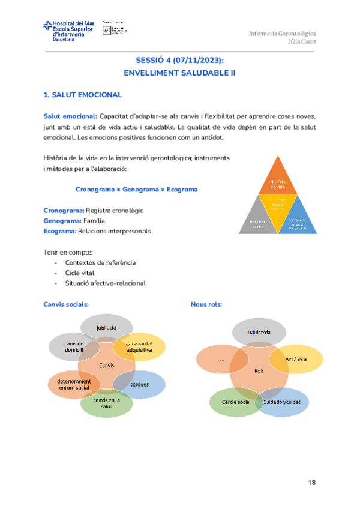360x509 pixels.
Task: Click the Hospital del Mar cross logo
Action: click(47, 26)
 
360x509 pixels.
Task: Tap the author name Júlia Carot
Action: click(302, 41)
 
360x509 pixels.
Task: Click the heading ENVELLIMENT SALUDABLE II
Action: click(179, 72)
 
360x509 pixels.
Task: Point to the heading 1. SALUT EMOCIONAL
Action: click(83, 95)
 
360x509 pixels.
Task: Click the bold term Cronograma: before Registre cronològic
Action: click(64, 211)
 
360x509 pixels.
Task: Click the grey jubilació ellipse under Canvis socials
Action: click(107, 327)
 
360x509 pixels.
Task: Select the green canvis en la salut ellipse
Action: click(106, 403)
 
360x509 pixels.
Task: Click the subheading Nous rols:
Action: click(206, 304)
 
